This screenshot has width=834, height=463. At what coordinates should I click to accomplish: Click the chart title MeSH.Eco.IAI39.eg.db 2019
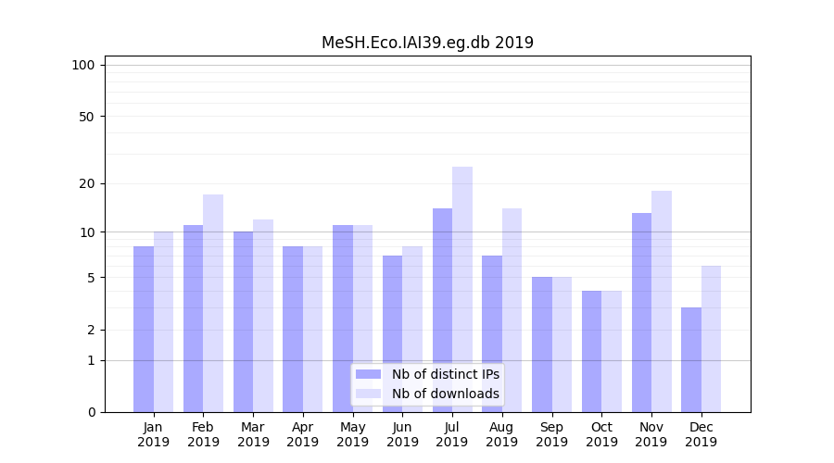coord(427,43)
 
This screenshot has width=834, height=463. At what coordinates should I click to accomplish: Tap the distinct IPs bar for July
coord(442,310)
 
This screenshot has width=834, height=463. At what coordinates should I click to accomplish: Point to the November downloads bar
coord(662,301)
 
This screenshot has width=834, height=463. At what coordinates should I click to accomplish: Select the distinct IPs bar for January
coord(144,329)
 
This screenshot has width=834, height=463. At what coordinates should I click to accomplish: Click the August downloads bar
coord(512,310)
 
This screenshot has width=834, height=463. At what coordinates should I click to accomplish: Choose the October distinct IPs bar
coord(592,351)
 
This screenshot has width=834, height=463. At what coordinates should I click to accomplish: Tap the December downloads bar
coord(712,339)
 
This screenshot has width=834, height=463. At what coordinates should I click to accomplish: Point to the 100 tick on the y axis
coord(83,65)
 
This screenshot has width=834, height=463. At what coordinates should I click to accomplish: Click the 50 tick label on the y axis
coord(86,117)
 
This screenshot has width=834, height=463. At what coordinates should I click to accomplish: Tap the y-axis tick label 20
coord(86,183)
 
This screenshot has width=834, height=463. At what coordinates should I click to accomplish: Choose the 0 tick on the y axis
coord(91,412)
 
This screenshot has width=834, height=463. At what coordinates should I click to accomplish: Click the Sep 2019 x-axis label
coord(551,434)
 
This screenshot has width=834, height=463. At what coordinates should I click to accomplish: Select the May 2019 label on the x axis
coord(352,434)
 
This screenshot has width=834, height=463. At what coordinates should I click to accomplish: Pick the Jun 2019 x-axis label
coord(402,434)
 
